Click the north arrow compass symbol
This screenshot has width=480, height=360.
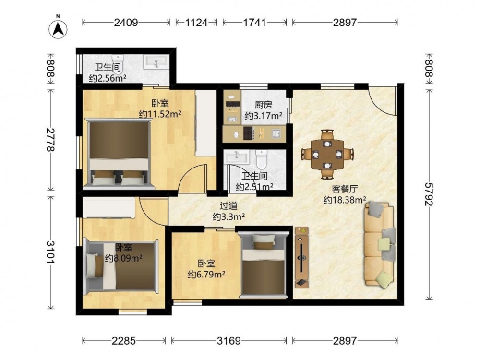pos(58,29)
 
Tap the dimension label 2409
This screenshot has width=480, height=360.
pos(126,23)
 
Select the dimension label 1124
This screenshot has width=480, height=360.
pos(196,23)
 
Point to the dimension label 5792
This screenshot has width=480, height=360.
pos(429,194)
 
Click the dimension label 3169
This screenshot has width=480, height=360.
pos(228,340)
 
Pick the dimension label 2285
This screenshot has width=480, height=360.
pos(124,340)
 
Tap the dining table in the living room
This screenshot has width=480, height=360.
pos(327,154)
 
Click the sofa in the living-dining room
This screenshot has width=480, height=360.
pos(379,245)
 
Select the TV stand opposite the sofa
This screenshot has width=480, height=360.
pos(301,257)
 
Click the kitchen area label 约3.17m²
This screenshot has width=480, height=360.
pos(264,116)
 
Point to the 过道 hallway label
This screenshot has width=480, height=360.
pos(228,206)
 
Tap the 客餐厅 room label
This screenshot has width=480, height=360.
pos(345,189)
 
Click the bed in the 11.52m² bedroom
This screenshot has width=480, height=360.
pos(119,153)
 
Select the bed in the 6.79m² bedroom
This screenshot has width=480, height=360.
pos(264,264)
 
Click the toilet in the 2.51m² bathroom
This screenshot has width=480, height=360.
pos(262,159)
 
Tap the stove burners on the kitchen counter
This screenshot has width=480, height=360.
pos(248,133)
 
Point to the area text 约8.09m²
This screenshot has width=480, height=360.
pos(123,258)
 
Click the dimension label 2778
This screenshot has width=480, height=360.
pos(50,140)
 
